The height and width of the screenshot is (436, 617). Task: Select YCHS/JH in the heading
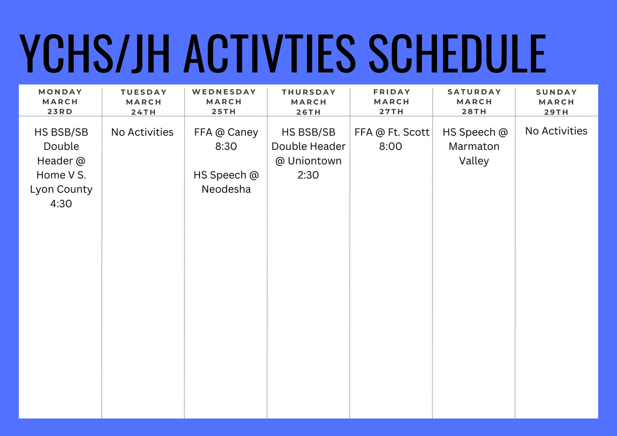click(x=95, y=54)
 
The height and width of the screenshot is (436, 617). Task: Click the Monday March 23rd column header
click(x=60, y=102)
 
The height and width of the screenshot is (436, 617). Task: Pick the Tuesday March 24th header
click(x=143, y=102)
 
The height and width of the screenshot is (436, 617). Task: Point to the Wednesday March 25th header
click(x=224, y=102)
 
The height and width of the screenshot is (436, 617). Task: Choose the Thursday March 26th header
click(x=308, y=102)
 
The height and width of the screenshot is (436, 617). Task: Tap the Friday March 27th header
click(x=392, y=102)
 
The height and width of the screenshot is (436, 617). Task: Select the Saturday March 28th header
click(x=474, y=102)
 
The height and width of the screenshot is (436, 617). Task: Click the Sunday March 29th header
click(x=557, y=102)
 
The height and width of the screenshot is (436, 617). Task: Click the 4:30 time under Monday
click(x=61, y=204)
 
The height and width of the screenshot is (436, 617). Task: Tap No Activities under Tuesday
click(x=142, y=132)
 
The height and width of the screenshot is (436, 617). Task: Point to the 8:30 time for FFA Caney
click(x=226, y=146)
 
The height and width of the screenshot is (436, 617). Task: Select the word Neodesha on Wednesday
click(x=226, y=189)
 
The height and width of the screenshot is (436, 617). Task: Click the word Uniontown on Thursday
click(x=315, y=161)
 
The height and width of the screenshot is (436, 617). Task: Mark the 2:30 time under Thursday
click(x=308, y=175)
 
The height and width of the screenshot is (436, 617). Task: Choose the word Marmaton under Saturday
click(x=474, y=146)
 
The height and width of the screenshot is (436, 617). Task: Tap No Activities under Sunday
click(x=556, y=131)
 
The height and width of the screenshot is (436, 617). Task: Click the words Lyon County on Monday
click(x=61, y=189)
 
